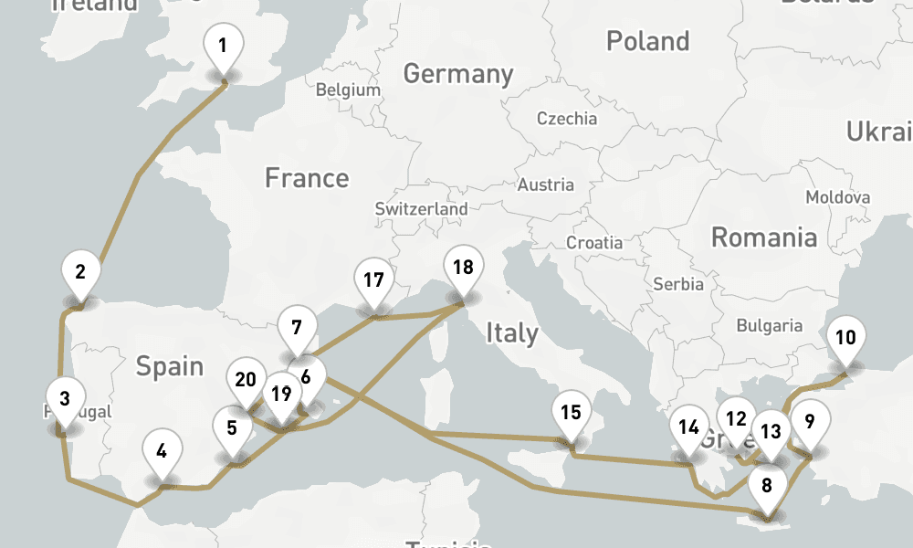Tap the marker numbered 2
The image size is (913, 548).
click(80, 271)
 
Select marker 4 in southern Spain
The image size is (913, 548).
click(163, 450)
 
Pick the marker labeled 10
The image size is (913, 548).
click(845, 338)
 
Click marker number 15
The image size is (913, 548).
click(571, 412)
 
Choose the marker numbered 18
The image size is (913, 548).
click(463, 268)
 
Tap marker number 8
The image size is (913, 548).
click(767, 485)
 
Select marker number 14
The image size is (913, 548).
click(688, 427)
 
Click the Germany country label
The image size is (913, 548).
click(458, 74)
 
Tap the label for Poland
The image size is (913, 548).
click(647, 41)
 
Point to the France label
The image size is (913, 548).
click(307, 177)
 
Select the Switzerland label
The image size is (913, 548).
click(421, 209)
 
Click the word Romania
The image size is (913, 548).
click(763, 238)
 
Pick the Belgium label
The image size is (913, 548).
click(347, 90)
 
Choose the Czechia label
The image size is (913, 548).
click(566, 119)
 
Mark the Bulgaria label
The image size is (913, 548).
click(769, 325)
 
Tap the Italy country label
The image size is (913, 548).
click(511, 333)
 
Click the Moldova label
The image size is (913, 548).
click(837, 197)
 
